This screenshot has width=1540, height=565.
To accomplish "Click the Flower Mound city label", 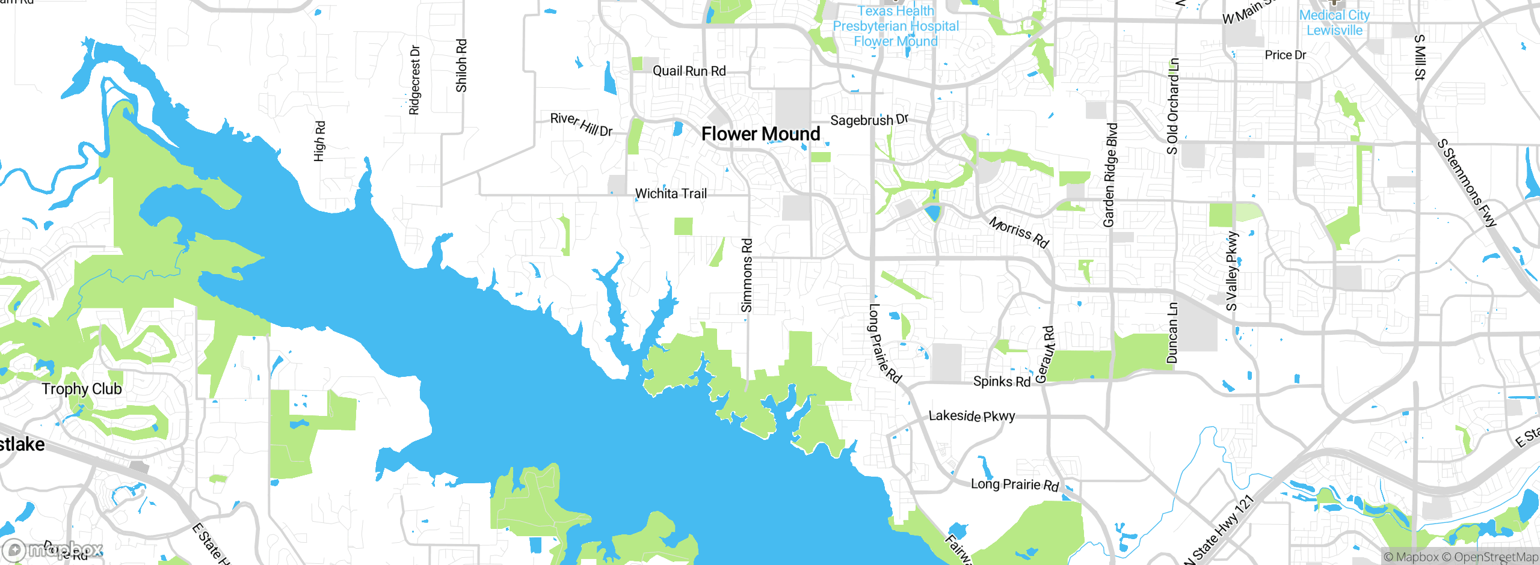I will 760,133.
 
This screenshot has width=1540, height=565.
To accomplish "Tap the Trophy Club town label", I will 82,389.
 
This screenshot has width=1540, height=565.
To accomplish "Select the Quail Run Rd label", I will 689,71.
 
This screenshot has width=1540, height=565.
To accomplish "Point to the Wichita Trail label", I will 671,194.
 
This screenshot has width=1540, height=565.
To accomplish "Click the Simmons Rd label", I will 747,275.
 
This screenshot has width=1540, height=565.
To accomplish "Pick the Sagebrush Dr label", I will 869,120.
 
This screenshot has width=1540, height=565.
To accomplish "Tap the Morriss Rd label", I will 1019,232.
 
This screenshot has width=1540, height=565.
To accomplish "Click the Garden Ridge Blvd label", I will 1110,175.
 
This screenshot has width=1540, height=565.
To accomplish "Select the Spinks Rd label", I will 1002,381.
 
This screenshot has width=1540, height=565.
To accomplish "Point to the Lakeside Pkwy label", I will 972,416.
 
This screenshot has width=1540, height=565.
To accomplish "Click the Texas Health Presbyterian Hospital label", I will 896,26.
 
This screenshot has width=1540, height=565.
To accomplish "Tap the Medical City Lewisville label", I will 1334,23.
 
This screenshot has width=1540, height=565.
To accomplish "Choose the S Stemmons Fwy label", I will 1466,183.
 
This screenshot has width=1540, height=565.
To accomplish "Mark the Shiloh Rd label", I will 461,66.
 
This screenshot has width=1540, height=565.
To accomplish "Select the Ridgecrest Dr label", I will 414,79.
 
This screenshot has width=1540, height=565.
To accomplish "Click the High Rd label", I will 319,141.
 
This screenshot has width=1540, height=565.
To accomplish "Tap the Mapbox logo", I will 53,549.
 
